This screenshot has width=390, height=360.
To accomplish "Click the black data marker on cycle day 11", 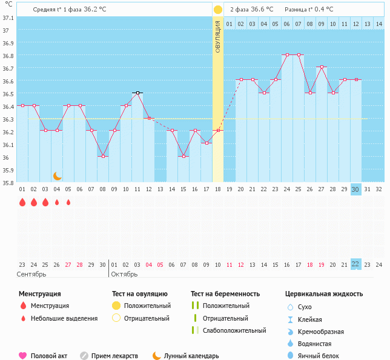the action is coord(137,93).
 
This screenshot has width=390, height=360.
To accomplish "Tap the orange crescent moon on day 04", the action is coord(57,176).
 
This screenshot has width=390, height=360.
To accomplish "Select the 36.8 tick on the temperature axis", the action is coord(8,56).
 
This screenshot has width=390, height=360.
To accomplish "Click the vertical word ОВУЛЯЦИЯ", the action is coord(217,36).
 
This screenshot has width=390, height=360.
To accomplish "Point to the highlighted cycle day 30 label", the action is coord(355,189).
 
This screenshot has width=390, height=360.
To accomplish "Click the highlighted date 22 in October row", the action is coord(355,264).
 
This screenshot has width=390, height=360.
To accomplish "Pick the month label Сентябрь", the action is coord(31,274).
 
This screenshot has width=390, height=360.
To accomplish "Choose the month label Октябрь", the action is coord(124,274).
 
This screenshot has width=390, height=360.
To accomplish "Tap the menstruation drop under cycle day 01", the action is coord(22,202).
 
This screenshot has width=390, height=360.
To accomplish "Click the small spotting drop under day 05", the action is coord(68,203).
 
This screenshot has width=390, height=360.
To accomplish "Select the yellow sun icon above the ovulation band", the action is coord(217,10).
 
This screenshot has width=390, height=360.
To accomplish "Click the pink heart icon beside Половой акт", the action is coord(22,356).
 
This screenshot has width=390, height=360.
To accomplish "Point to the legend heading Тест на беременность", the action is coord(225,294).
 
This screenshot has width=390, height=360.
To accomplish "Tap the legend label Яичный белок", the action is coord(319,356).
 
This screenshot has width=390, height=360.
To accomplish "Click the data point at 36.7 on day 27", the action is coord(322,67).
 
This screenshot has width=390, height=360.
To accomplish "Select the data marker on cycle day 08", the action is coord(103,156).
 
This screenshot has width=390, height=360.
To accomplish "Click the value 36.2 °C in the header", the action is coord(94,10).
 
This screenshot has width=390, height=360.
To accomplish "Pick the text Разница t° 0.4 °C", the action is coord(309,10).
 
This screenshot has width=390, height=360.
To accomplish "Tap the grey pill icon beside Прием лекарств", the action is coord(84,356).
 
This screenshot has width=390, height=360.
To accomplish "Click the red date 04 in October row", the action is coord(149,265).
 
